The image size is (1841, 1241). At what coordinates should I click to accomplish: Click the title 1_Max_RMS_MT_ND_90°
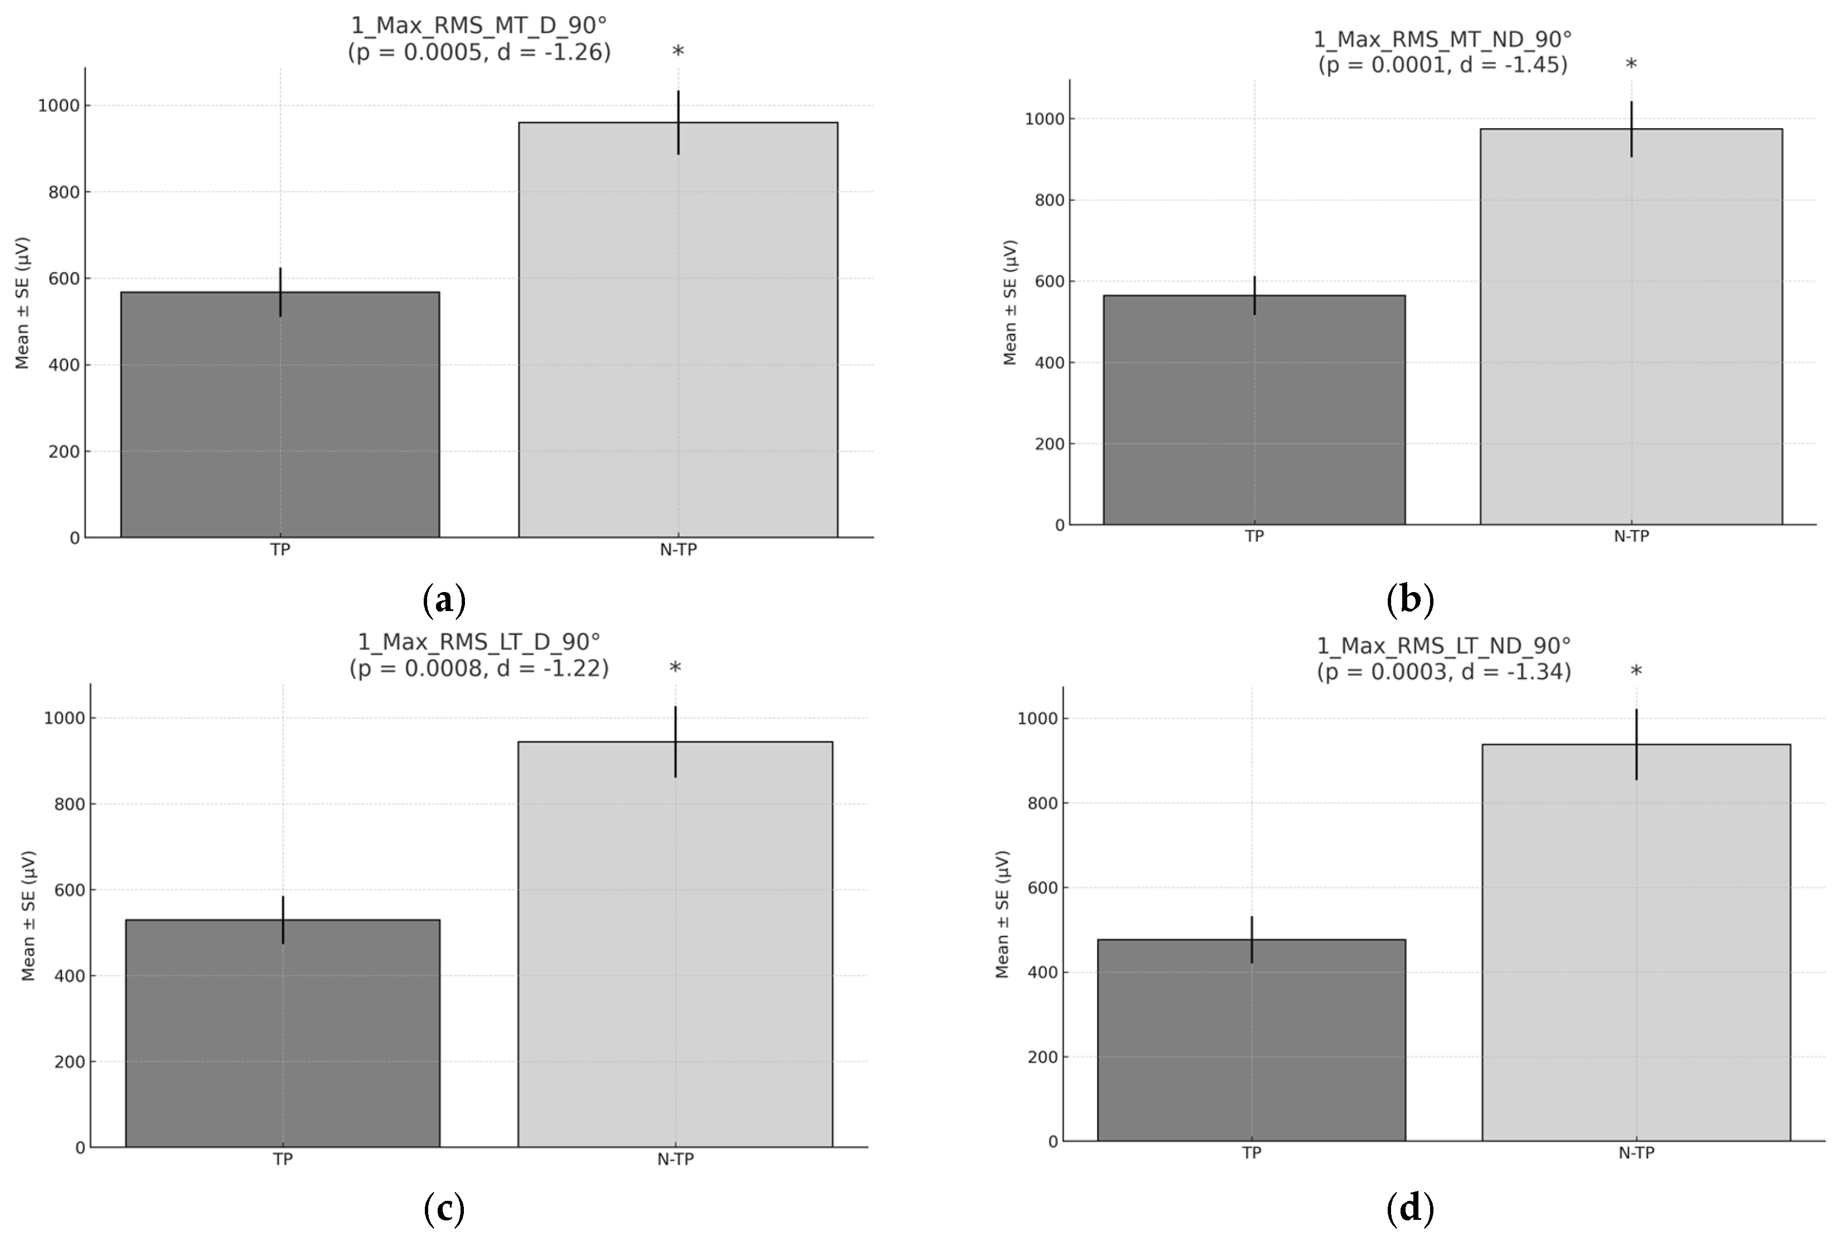pos(1442,39)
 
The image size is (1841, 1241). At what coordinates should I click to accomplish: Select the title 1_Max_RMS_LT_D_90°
pos(479,641)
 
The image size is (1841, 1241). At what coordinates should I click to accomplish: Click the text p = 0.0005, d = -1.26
pos(479,53)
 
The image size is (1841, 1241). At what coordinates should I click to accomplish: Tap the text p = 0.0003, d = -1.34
pos(1443,672)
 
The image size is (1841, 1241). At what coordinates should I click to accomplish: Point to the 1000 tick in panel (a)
pos(59,106)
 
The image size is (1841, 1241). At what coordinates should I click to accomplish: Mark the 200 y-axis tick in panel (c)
pos(70,1061)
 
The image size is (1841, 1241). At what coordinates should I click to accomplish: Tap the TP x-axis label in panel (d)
pos(1251,1153)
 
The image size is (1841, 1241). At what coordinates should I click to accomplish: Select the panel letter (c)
pos(444,1209)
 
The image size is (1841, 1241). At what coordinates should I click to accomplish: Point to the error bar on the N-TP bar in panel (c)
pos(675,741)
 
